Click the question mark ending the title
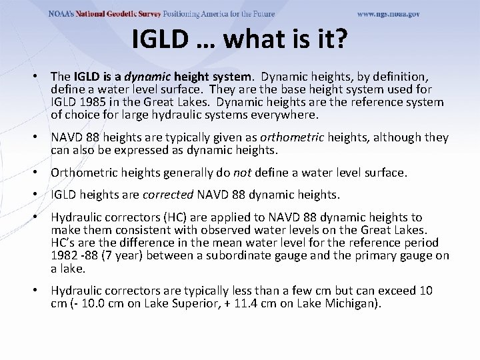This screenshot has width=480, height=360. [x=339, y=39]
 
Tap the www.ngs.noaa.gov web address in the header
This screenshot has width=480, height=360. [x=388, y=14]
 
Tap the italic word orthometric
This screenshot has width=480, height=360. [x=291, y=137]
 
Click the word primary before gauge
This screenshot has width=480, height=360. [x=369, y=255]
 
